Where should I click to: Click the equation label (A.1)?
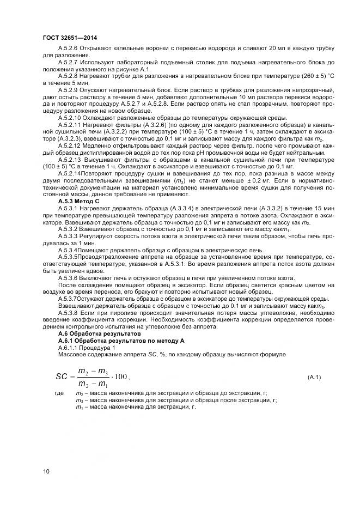(x=314, y=377)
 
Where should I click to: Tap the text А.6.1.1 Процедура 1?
(x=87, y=347)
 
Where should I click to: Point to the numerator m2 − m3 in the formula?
(x=93, y=371)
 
